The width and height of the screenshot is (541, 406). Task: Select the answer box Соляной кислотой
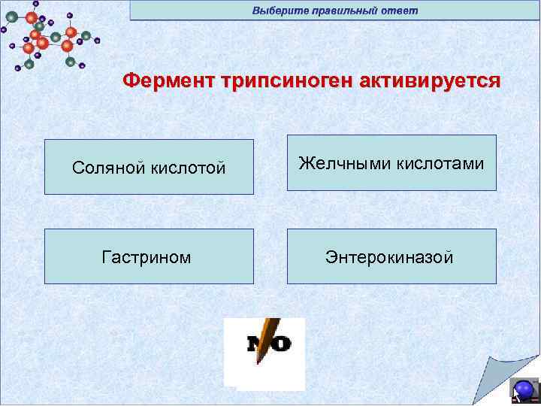(149, 167)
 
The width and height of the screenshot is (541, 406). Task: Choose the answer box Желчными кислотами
(391, 162)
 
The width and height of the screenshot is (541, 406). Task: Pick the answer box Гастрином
(149, 256)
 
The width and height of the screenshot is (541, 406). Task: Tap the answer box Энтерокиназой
(391, 256)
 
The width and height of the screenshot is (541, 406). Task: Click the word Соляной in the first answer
(106, 168)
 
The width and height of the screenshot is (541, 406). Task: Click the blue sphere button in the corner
(524, 389)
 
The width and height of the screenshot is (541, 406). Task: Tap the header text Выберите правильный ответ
(335, 11)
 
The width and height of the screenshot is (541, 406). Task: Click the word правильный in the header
(344, 11)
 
